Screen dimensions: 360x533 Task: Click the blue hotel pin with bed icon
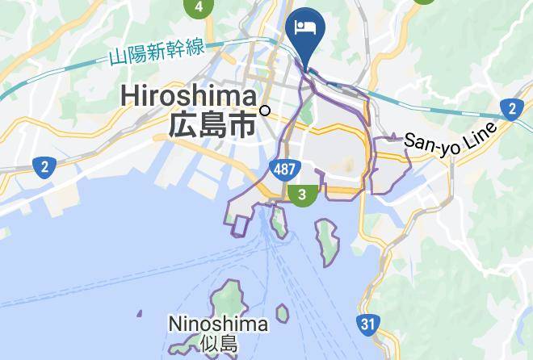click(x=306, y=30)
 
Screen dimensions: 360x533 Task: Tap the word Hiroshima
click(x=189, y=96)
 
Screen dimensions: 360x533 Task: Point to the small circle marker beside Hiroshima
click(x=264, y=111)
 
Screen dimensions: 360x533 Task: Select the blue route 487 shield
click(x=282, y=170)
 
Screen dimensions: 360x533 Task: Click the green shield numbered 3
click(x=302, y=195)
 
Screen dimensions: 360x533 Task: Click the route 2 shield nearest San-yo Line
click(x=511, y=108)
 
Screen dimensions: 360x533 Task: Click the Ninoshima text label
click(x=217, y=324)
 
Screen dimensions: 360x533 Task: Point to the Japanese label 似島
click(x=217, y=344)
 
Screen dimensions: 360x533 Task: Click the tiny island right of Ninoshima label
click(x=282, y=312)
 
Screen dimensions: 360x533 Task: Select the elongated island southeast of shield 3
click(x=327, y=240)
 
